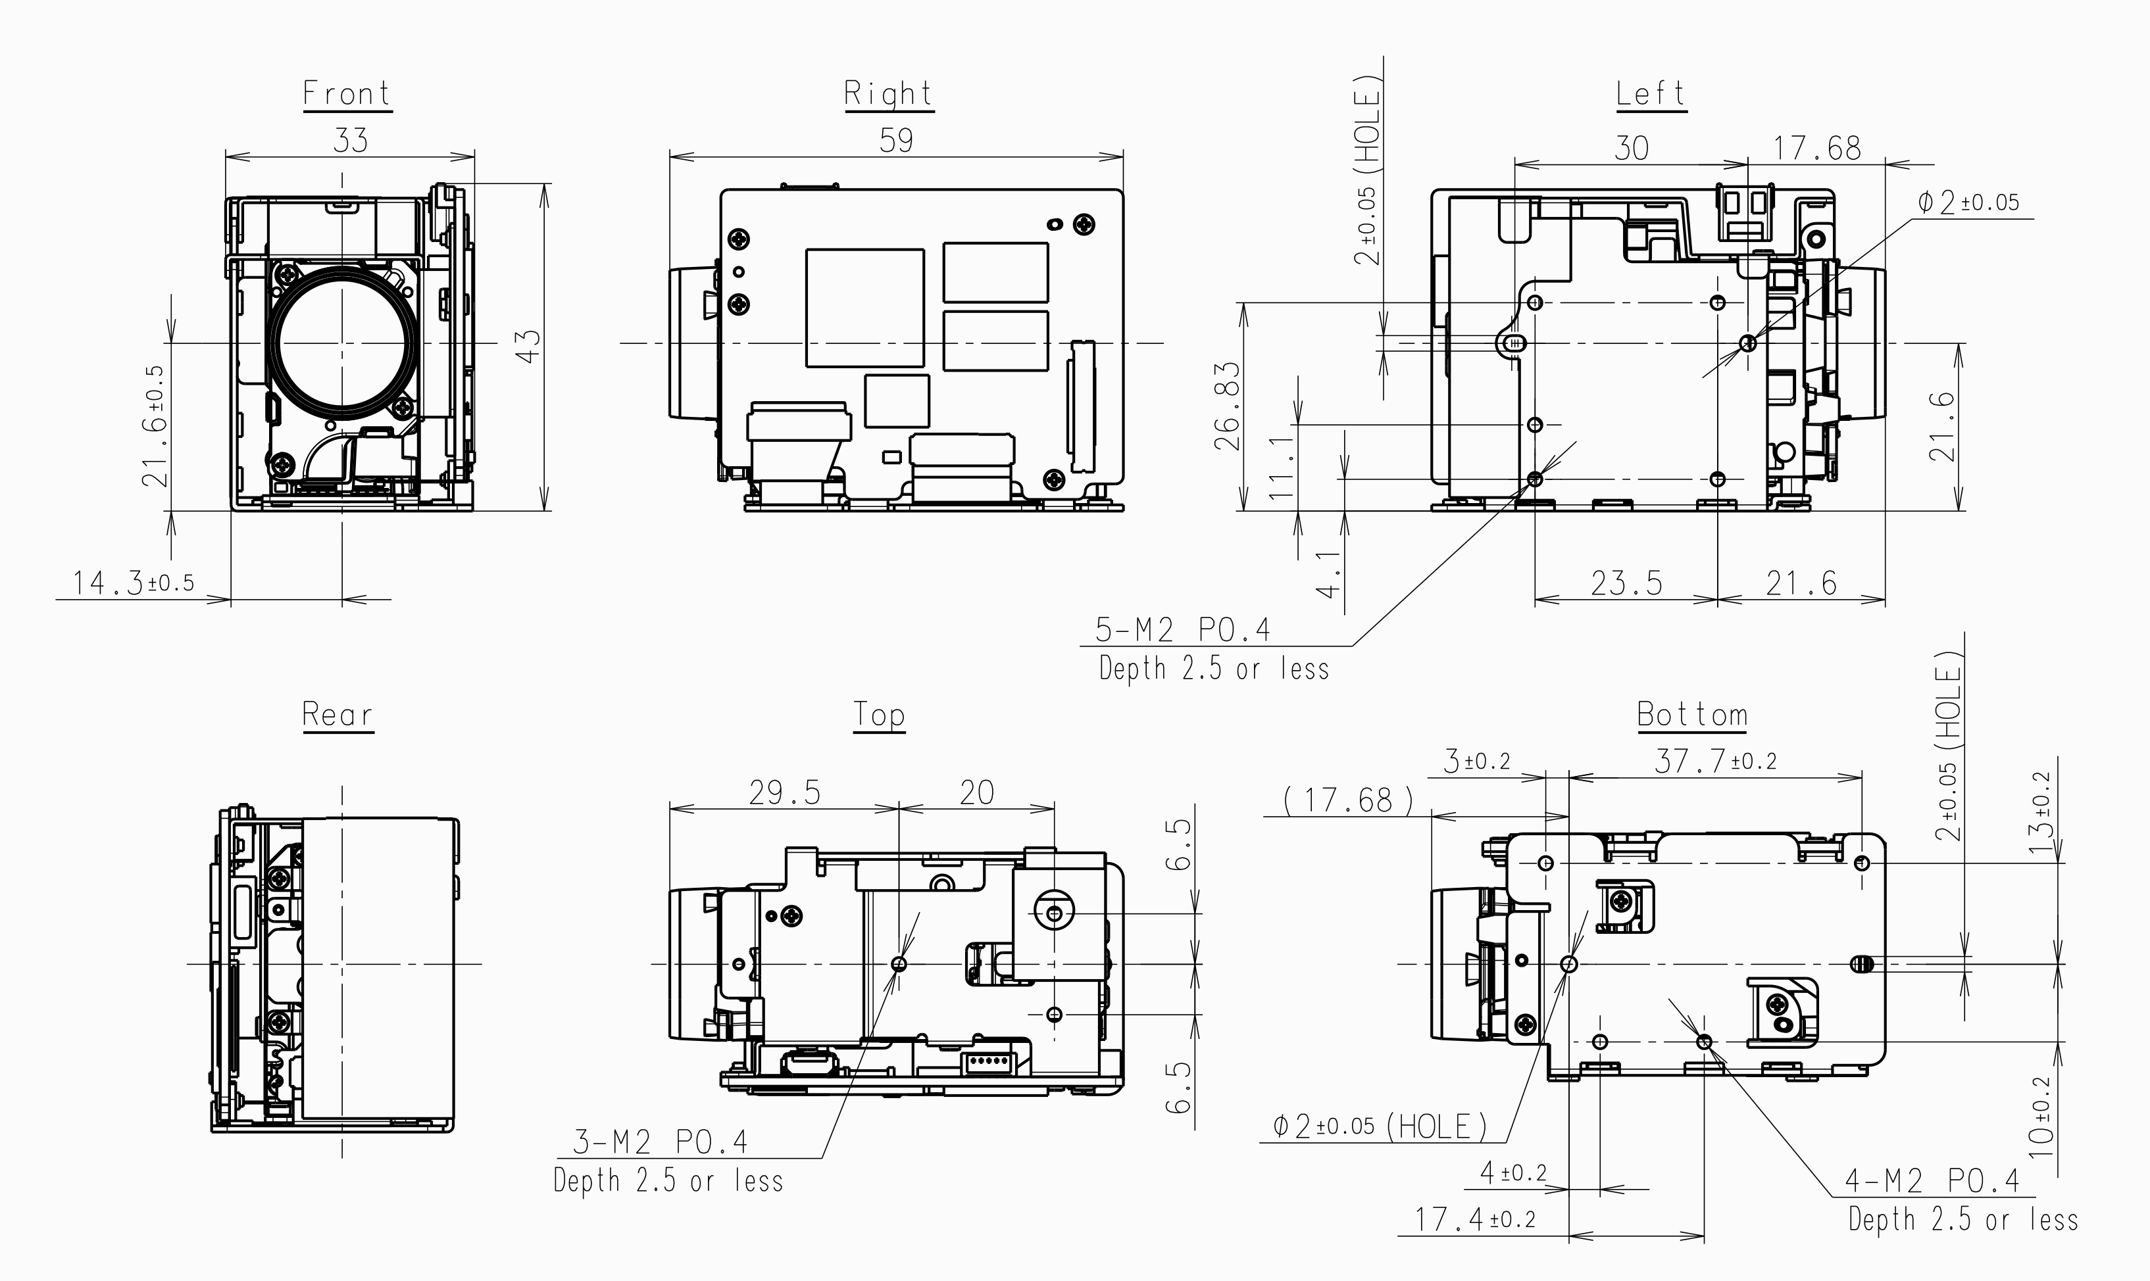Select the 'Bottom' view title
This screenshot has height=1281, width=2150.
pos(1692,715)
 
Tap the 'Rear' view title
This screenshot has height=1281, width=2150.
pos(337,715)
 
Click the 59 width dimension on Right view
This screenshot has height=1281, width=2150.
pos(896,140)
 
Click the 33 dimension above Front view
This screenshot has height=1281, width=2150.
pos(350,140)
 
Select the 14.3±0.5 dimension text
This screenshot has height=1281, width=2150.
pos(134,583)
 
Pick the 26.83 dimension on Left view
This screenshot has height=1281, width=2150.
pos(1227,406)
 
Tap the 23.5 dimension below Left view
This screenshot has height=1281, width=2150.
pos(1627,583)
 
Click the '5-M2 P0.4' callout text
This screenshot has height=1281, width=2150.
pos(1183,630)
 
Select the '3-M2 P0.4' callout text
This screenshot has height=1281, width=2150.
pos(661,1142)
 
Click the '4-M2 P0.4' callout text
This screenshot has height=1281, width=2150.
pos(1932,1180)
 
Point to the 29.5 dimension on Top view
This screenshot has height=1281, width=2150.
pos(784,792)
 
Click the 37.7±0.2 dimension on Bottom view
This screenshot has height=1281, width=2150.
pos(1715,760)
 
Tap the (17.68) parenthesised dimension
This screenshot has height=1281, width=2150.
pos(1348,800)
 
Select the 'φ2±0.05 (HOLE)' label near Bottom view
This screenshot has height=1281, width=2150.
pos(1380,1126)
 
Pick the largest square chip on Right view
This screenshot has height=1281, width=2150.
pos(864,308)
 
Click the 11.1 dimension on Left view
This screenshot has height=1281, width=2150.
pos(1282,466)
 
